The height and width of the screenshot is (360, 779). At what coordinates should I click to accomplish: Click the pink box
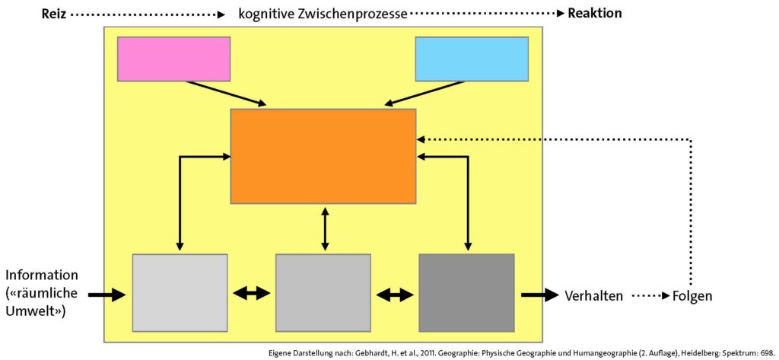174,59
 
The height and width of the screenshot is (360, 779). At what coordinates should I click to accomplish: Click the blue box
472,59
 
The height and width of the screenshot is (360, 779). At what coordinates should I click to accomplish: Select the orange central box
323,156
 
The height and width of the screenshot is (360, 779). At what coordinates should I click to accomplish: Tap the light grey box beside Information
180,292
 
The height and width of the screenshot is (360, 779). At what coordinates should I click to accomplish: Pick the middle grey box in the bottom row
323,292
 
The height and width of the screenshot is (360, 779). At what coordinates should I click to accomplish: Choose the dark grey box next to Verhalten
466,292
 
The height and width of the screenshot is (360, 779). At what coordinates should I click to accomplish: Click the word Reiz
54,14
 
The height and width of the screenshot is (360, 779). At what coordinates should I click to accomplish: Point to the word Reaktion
595,14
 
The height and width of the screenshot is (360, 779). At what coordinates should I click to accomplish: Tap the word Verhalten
593,296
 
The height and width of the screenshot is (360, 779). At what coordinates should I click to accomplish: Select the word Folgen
692,296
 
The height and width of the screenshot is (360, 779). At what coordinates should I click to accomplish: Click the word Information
42,276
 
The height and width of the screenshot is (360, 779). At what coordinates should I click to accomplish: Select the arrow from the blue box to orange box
426,93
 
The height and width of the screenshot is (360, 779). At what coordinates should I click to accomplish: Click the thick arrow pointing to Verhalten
540,295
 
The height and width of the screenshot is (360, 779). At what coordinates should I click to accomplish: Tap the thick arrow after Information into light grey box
107,295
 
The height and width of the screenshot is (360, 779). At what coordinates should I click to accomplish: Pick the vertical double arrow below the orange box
324,229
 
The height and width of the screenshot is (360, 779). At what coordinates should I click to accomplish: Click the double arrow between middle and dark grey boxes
395,295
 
